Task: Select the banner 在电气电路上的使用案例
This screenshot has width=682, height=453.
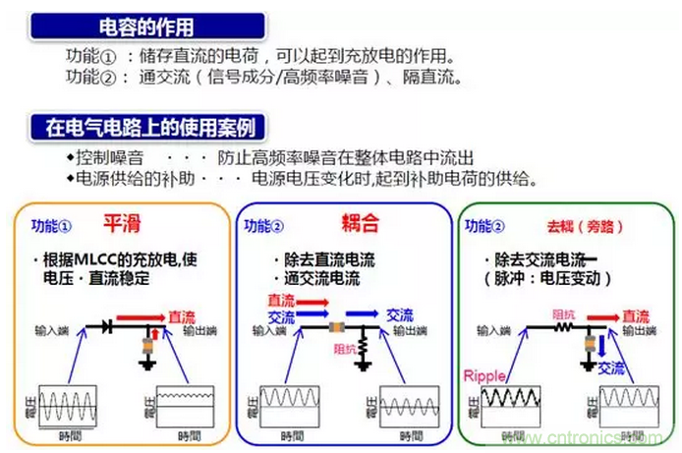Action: pyautogui.click(x=148, y=128)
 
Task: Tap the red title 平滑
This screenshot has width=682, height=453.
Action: pyautogui.click(x=122, y=224)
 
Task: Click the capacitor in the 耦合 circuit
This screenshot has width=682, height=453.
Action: pyautogui.click(x=337, y=325)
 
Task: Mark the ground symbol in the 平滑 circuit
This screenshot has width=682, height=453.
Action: pyautogui.click(x=147, y=365)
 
